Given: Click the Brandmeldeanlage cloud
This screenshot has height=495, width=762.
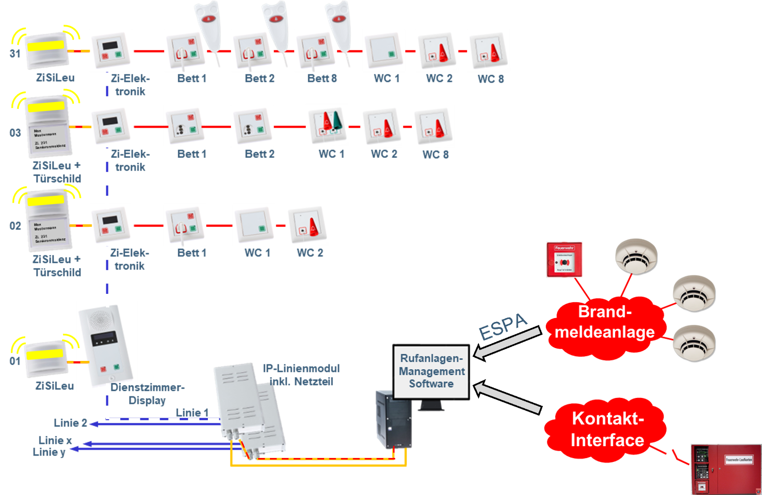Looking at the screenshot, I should coord(605,323).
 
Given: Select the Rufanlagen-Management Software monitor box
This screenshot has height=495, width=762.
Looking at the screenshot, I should coord(431,371).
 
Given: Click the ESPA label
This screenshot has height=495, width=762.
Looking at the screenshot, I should coord(503,326).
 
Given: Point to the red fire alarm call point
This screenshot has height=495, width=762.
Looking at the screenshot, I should coord(564,259).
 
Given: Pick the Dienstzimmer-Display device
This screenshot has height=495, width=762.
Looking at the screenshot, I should coord(107,345).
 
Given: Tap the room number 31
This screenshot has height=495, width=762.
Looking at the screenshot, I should coord(15,53).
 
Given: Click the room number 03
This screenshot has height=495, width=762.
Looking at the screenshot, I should coord(15,133).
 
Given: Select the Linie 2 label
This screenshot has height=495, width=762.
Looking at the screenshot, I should coord(70,423).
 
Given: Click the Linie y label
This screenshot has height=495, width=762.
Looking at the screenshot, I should coord(49,452).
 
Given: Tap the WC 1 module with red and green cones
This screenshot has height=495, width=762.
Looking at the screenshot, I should coord(328,126).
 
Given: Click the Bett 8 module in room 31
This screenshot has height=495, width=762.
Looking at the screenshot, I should coord(316,50).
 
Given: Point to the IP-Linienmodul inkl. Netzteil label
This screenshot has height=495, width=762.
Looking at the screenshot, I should coord(301,375).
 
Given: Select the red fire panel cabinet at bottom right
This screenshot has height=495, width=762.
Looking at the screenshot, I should coord(725,468).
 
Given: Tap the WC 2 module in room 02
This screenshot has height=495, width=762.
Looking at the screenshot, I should coord(307,225).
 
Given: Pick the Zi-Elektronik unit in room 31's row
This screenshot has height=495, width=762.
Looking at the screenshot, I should coord(111,50).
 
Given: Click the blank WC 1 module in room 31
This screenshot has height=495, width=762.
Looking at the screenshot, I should coord(384,50).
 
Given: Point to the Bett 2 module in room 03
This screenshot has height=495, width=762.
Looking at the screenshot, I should coord(252,126).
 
